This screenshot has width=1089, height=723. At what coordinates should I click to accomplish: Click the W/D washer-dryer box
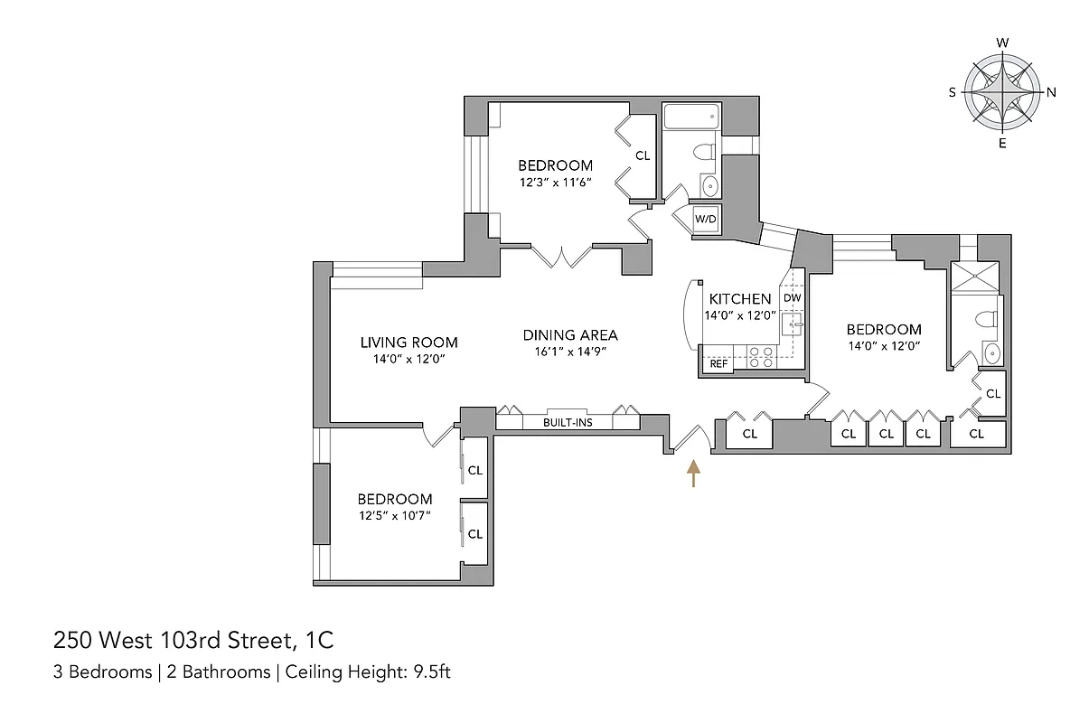pos(706,220)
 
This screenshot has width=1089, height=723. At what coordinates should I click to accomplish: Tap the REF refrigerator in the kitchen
pos(718,363)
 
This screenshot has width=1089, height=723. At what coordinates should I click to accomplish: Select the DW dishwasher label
pos(792,298)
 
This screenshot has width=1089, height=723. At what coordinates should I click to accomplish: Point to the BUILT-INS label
pos(568,422)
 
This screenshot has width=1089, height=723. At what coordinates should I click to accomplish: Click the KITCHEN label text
pos(740,299)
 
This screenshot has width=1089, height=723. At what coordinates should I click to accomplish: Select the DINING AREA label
pos(570,335)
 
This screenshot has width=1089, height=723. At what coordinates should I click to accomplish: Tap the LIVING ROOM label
pos(408,343)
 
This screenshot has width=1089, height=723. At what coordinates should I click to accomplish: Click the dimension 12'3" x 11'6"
pos(555,182)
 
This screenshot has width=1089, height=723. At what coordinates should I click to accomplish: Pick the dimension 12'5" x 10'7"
pos(394,515)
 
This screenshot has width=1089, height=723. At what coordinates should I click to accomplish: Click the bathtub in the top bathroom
pos(690,116)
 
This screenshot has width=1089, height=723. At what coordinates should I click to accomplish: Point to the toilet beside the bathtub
pos(706,152)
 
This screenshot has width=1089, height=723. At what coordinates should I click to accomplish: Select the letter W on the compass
pos(1002,43)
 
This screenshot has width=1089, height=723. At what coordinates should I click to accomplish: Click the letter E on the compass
pos(1002,144)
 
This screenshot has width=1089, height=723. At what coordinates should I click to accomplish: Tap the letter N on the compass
pos(1051,92)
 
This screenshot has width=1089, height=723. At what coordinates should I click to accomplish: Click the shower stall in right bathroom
pos(975,279)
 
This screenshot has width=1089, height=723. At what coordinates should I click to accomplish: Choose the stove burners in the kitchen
pos(760,358)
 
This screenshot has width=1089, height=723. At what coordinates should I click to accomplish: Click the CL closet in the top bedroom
pos(642,155)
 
